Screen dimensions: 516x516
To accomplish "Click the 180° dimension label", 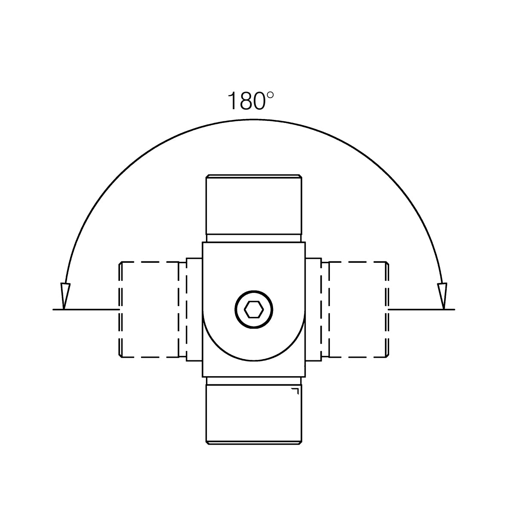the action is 251,101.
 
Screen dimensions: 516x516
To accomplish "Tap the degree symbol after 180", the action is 270,95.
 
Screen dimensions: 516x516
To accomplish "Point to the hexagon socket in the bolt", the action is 254,310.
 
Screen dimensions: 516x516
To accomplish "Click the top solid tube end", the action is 254,205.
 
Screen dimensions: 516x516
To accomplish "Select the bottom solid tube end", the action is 254,415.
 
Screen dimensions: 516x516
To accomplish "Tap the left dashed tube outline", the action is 149,309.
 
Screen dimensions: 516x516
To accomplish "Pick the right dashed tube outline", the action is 359,309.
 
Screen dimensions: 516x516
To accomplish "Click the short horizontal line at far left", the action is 86,310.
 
